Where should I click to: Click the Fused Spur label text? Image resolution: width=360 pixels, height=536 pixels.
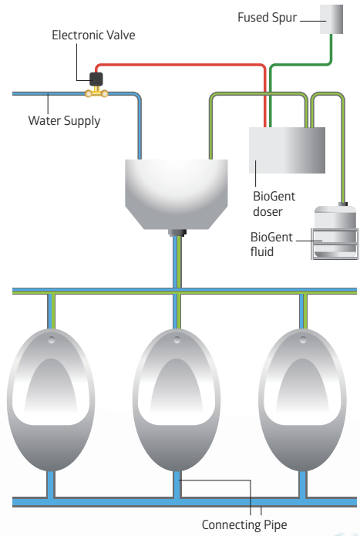point(267,18)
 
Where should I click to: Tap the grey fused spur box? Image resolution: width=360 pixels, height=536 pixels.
point(331,19)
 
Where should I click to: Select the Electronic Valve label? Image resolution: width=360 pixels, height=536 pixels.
point(93,35)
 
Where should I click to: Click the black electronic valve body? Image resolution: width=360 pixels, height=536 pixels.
point(96,79)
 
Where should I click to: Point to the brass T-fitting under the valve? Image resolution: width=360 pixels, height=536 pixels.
point(96,93)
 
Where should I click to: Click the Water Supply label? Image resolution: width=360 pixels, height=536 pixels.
point(64,121)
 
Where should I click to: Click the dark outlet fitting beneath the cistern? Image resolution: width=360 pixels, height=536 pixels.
point(177,233)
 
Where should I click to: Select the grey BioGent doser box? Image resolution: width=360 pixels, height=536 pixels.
point(287,150)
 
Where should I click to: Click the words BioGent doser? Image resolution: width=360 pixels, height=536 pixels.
point(274,204)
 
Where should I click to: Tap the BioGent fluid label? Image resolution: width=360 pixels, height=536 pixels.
point(271,244)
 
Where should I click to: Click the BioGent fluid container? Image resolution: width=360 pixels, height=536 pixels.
point(335,231)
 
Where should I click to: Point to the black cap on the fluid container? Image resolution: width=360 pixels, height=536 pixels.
point(343,204)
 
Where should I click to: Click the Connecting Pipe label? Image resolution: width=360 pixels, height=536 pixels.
point(244,524)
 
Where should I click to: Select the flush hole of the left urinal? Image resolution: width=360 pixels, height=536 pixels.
point(51,340)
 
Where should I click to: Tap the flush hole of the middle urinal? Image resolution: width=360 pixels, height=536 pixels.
point(177,340)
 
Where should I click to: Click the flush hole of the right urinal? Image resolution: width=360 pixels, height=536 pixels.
point(303,340)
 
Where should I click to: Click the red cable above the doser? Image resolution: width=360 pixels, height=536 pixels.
point(181,65)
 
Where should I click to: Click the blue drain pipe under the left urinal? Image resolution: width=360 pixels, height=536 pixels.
point(51,484)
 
